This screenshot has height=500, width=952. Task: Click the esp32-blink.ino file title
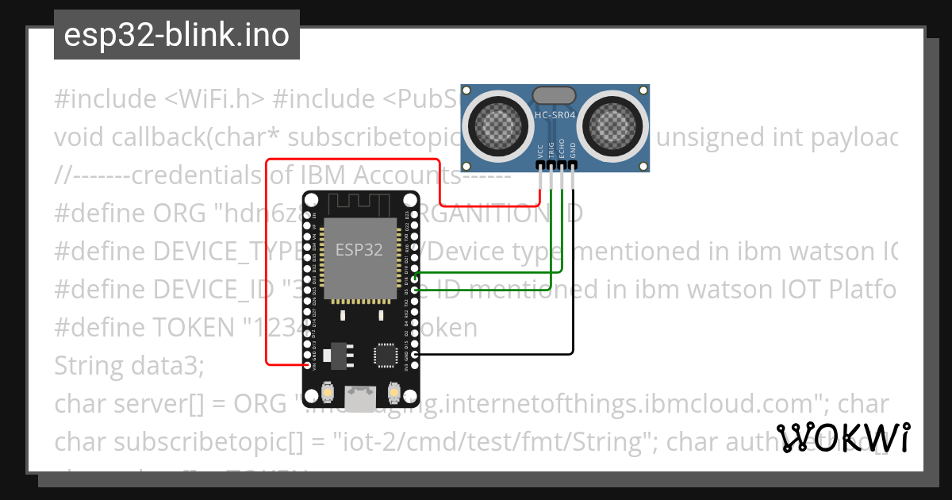(x=176, y=36)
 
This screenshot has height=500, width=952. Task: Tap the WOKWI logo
(x=843, y=437)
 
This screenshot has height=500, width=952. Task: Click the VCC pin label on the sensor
(x=541, y=152)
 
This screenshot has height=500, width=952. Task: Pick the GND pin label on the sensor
(x=573, y=153)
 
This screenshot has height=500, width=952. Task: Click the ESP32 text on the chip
(x=359, y=250)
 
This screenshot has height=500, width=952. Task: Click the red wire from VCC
(x=267, y=262)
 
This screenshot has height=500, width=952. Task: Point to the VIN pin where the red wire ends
(x=308, y=365)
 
